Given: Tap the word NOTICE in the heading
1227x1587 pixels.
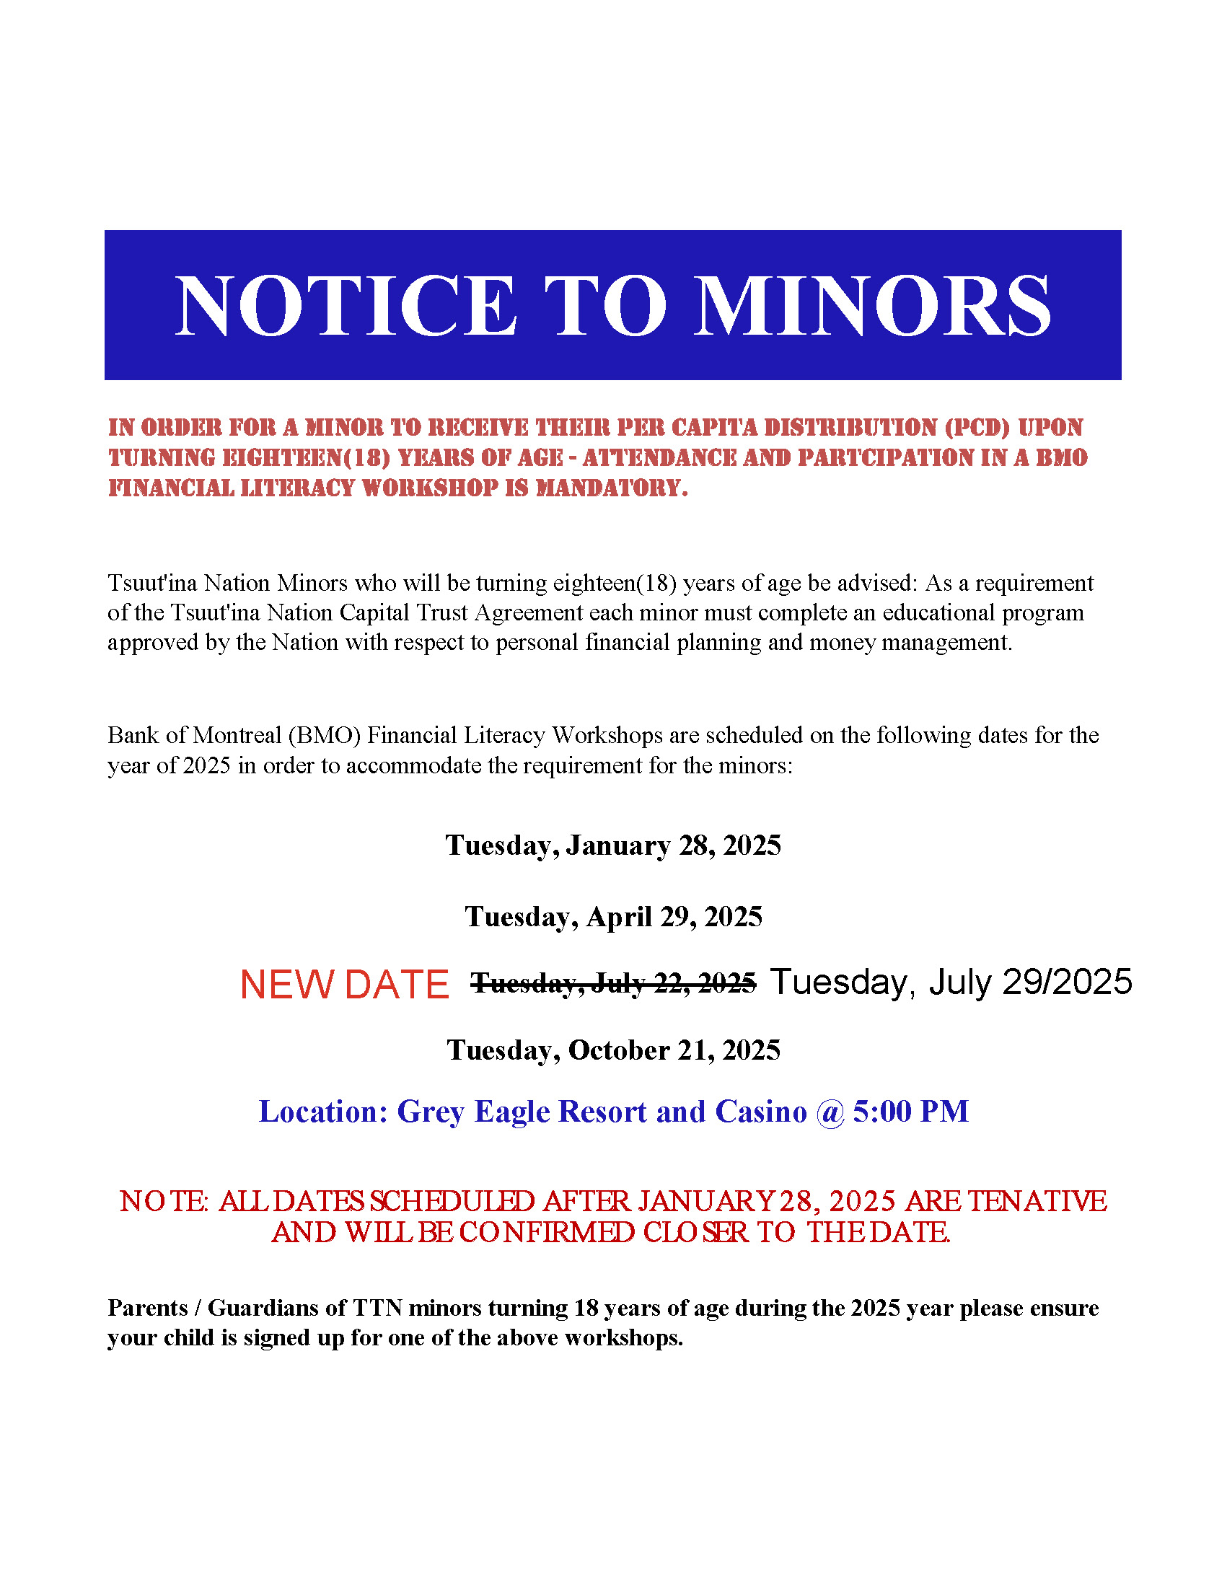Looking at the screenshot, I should click(346, 306).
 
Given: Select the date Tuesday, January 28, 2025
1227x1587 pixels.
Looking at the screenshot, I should click(613, 846).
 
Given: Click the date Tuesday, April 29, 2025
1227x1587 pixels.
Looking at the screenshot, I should click(613, 917).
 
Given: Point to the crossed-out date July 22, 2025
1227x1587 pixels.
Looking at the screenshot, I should click(614, 984).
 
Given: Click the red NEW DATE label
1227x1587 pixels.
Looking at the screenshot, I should click(344, 985).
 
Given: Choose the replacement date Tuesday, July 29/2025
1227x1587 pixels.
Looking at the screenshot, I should click(950, 982).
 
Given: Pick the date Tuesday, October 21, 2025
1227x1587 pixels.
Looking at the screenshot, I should click(613, 1051).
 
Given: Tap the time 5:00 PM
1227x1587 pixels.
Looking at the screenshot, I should click(910, 1112).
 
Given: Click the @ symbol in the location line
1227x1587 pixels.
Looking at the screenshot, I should click(830, 1112).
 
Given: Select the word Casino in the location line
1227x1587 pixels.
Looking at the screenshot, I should click(760, 1112).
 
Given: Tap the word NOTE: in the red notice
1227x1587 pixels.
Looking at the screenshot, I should click(164, 1202).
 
